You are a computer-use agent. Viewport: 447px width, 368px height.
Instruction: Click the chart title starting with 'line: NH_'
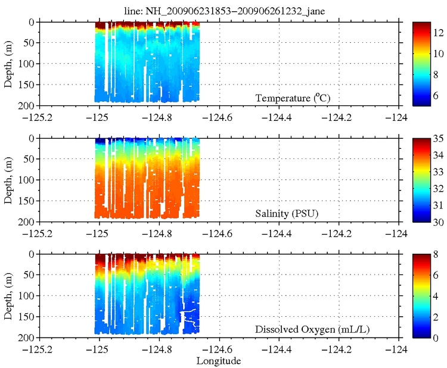tap(223, 9)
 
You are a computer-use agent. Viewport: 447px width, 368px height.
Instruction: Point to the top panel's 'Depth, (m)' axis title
tap(9, 63)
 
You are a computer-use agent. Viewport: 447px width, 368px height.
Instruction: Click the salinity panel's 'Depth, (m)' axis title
tap(9, 179)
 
